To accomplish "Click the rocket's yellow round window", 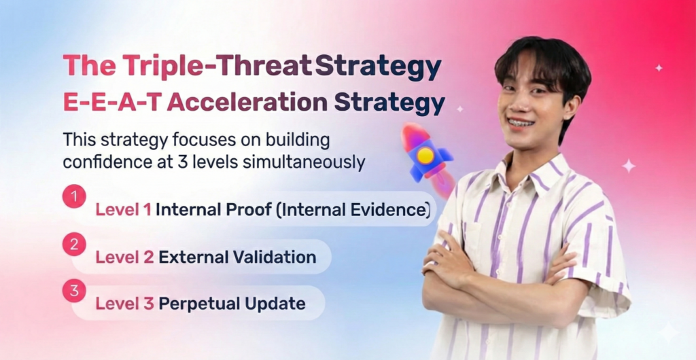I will pyautogui.click(x=425, y=156).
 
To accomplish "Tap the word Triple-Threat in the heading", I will pyautogui.click(x=217, y=67).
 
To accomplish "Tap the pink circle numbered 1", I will pyautogui.click(x=74, y=198).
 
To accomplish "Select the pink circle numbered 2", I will pyautogui.click(x=74, y=244).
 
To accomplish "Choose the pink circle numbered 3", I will pyautogui.click(x=74, y=290).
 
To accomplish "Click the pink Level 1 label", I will pyautogui.click(x=123, y=211).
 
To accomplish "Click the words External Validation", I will pyautogui.click(x=237, y=257).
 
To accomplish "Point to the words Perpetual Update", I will pyautogui.click(x=232, y=304).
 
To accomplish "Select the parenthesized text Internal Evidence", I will pyautogui.click(x=353, y=211).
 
